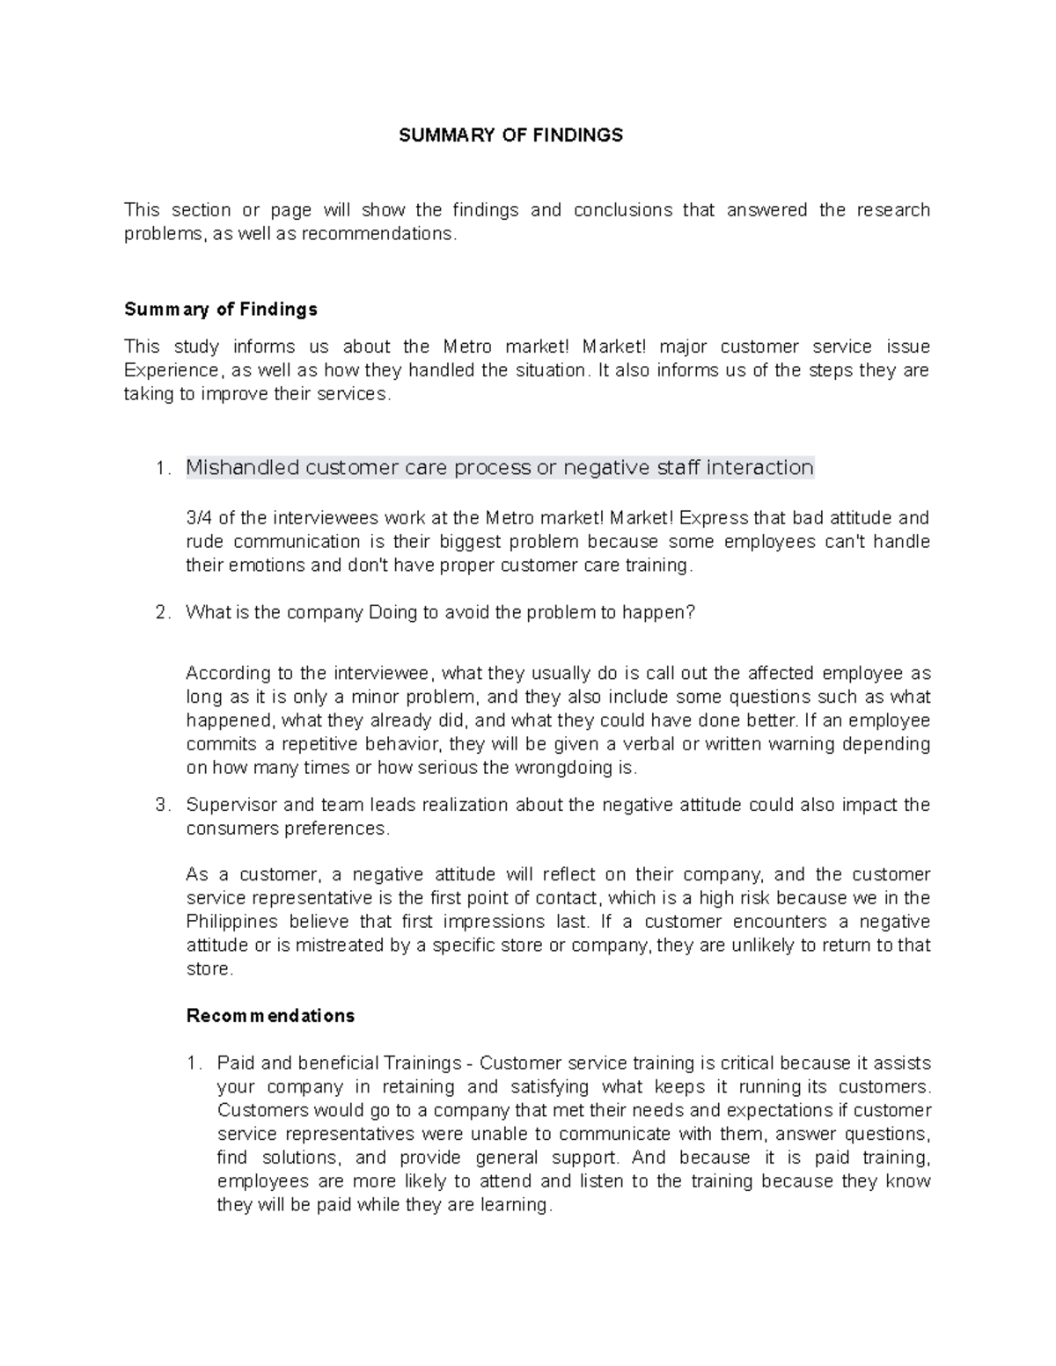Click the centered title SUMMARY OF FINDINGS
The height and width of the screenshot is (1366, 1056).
510,135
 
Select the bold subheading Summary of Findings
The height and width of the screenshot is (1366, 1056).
221,310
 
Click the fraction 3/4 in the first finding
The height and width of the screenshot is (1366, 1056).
199,518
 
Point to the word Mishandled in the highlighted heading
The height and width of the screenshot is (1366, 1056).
242,467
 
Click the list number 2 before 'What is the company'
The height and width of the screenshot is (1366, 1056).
161,613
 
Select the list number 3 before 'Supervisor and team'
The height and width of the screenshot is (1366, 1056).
161,806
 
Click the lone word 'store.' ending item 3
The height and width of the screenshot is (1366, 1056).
209,969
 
